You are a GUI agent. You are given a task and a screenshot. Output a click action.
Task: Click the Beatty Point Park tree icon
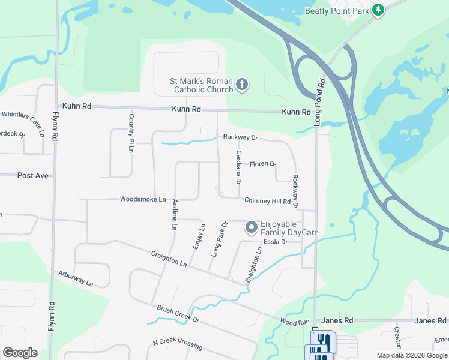[x=378, y=10]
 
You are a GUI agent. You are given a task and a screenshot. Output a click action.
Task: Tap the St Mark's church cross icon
[x=242, y=84]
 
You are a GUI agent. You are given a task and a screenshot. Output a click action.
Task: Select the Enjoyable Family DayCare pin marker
[x=252, y=227]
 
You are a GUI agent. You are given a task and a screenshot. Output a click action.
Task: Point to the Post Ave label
[x=33, y=175]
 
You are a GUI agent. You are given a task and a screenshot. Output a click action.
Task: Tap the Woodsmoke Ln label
[x=143, y=199]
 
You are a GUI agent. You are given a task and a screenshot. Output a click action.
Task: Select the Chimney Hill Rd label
[x=267, y=201]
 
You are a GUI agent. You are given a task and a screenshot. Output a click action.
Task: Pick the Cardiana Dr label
[x=238, y=166]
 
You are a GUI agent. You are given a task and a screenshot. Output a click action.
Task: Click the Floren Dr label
[x=262, y=164]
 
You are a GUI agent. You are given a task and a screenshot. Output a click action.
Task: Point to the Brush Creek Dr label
[x=178, y=314]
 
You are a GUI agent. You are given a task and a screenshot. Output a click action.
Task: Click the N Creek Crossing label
[x=177, y=346]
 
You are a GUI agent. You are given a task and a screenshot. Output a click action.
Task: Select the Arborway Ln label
[x=76, y=278]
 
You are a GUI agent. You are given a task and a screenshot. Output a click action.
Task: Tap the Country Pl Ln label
[x=131, y=133]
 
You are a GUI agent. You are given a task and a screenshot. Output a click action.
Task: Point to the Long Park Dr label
[x=220, y=239]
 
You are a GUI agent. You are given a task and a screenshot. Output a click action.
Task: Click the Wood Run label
[x=294, y=322]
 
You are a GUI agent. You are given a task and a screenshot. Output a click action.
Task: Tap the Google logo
[x=20, y=353]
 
